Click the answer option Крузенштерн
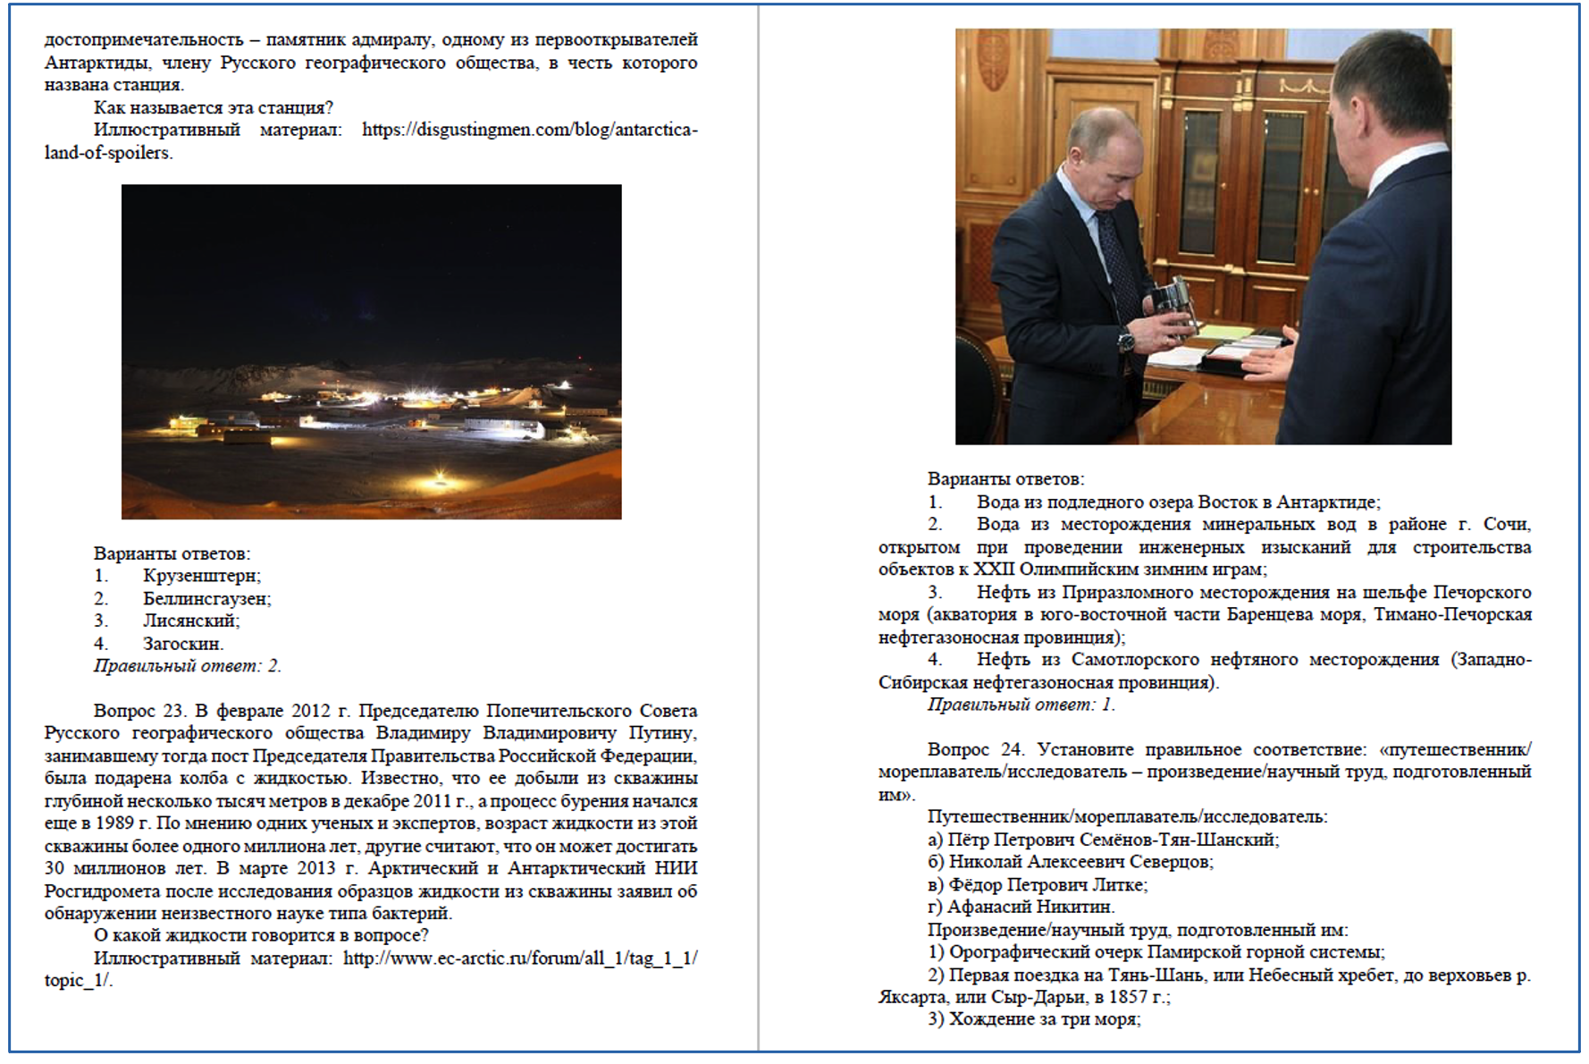point(201,576)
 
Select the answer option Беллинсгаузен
point(206,598)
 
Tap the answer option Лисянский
point(190,621)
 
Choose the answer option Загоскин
point(182,643)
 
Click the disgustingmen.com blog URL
point(529,130)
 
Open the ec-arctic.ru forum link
point(519,958)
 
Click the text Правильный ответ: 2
point(187,666)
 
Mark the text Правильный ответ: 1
point(1021,705)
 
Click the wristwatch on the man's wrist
point(1127,341)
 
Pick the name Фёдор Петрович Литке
point(1047,885)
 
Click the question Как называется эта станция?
point(213,108)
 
